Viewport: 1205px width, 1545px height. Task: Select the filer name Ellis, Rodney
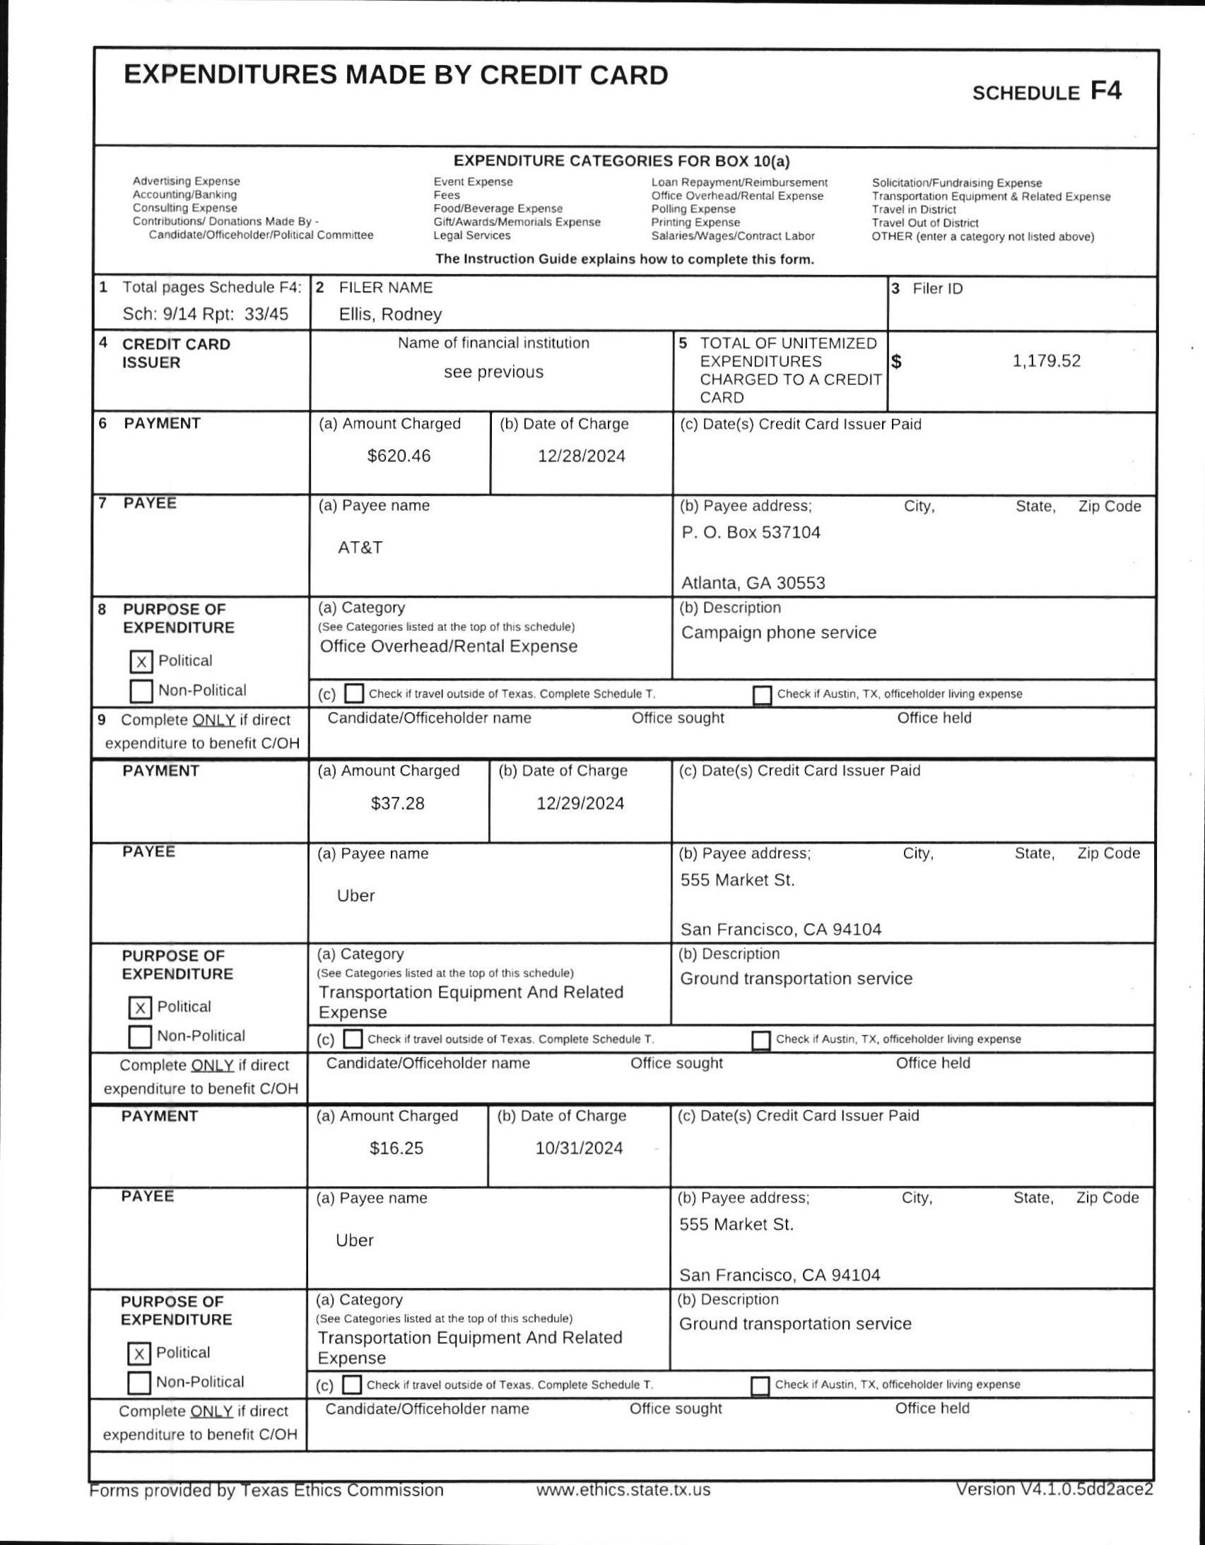390,314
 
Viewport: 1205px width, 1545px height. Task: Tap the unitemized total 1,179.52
1046,361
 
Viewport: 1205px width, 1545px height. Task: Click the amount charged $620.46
399,456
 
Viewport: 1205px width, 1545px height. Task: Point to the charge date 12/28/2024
581,456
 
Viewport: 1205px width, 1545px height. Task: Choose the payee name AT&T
360,547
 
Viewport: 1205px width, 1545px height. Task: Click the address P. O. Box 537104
750,532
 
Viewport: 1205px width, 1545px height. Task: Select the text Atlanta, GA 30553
753,583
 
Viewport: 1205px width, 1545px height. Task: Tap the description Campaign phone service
778,632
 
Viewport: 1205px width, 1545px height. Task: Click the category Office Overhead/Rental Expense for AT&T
449,646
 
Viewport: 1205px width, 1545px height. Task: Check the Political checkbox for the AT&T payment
141,661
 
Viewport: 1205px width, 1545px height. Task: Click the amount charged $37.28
398,804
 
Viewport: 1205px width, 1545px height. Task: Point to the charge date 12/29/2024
580,804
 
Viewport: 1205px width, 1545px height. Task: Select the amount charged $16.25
396,1148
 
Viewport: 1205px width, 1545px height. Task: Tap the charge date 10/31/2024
579,1148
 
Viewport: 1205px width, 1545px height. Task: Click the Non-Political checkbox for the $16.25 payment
139,1383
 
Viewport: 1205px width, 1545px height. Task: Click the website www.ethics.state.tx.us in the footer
623,1490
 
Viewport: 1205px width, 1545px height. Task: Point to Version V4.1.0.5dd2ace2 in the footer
1054,1489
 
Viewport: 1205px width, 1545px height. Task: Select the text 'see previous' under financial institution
493,372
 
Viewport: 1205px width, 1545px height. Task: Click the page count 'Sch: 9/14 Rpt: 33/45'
205,314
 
